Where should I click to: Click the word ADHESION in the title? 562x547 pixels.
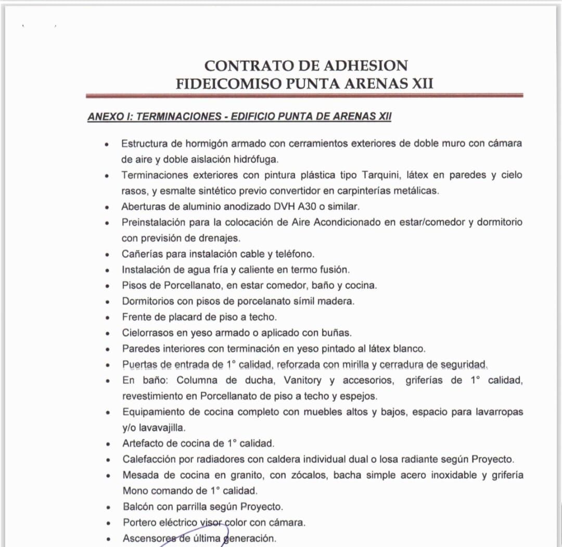coord(366,66)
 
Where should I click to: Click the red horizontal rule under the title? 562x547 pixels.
coord(304,96)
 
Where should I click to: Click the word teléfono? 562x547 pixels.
coord(295,254)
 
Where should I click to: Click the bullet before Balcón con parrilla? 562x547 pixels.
coord(107,507)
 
